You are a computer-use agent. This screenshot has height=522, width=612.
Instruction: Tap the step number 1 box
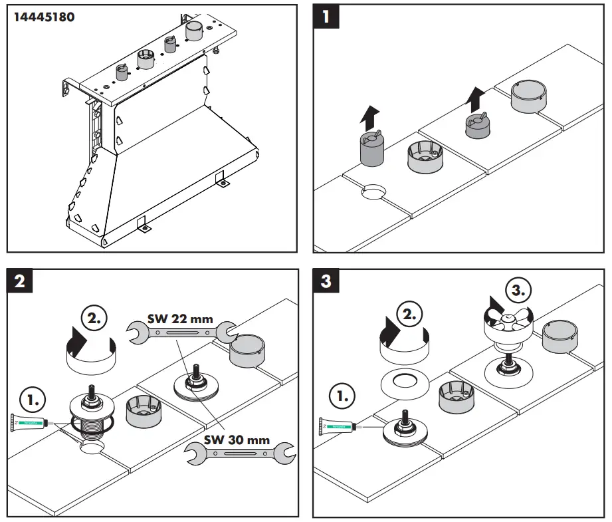(x=325, y=16)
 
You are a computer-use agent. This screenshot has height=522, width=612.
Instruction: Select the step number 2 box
(x=19, y=281)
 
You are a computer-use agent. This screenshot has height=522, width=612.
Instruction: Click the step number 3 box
(x=326, y=281)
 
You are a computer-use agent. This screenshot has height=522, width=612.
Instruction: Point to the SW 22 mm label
(x=180, y=319)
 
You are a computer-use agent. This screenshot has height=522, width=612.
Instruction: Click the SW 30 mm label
(x=237, y=440)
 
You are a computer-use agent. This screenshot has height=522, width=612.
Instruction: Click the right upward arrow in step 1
(x=474, y=99)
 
